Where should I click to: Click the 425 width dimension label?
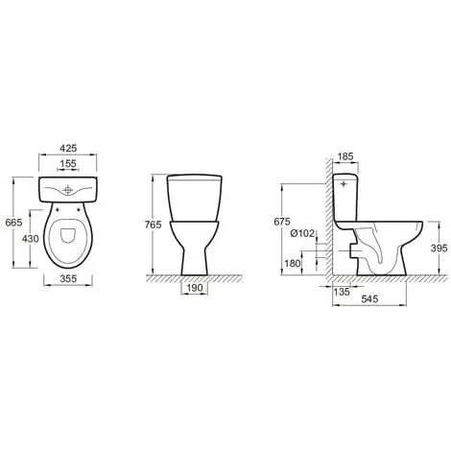click(x=68, y=148)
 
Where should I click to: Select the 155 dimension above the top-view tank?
click(x=68, y=163)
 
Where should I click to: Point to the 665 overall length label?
click(x=14, y=223)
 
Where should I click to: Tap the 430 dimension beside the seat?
click(x=31, y=239)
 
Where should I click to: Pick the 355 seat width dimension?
click(x=68, y=278)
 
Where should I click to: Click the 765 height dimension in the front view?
click(x=154, y=225)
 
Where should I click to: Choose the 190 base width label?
click(x=195, y=288)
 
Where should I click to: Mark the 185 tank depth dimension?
click(x=345, y=156)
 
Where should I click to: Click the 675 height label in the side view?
click(x=282, y=222)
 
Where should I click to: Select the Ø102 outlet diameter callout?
click(x=302, y=233)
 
